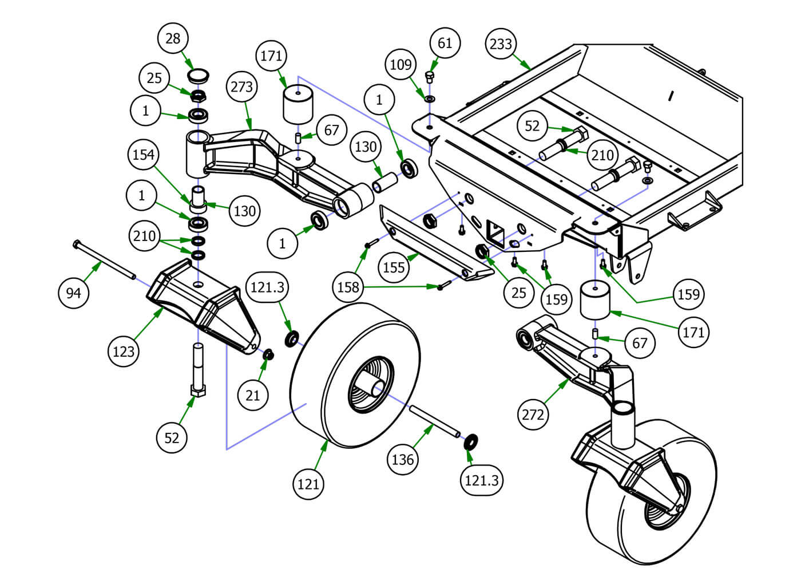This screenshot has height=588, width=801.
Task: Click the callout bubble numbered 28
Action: pos(172,38)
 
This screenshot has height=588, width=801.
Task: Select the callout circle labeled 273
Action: pos(242,87)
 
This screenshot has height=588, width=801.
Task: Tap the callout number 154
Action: pos(143,155)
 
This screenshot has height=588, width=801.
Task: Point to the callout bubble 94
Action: pos(74,293)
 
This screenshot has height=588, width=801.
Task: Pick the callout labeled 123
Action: pos(124,351)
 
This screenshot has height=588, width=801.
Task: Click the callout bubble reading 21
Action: pos(253,394)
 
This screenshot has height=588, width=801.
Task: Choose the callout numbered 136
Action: pos(402,459)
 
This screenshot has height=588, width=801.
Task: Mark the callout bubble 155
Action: pos(394,267)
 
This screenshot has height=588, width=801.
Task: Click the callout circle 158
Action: pos(348,287)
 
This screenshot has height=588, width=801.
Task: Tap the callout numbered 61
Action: pos(445,43)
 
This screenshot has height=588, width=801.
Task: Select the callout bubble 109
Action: pos(400,64)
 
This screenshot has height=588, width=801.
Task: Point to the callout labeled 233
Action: pos(501,44)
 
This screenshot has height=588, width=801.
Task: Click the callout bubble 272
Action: pos(533,413)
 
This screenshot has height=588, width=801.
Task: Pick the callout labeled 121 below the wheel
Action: pos(308,484)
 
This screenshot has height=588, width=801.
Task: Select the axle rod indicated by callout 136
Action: pos(434,421)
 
